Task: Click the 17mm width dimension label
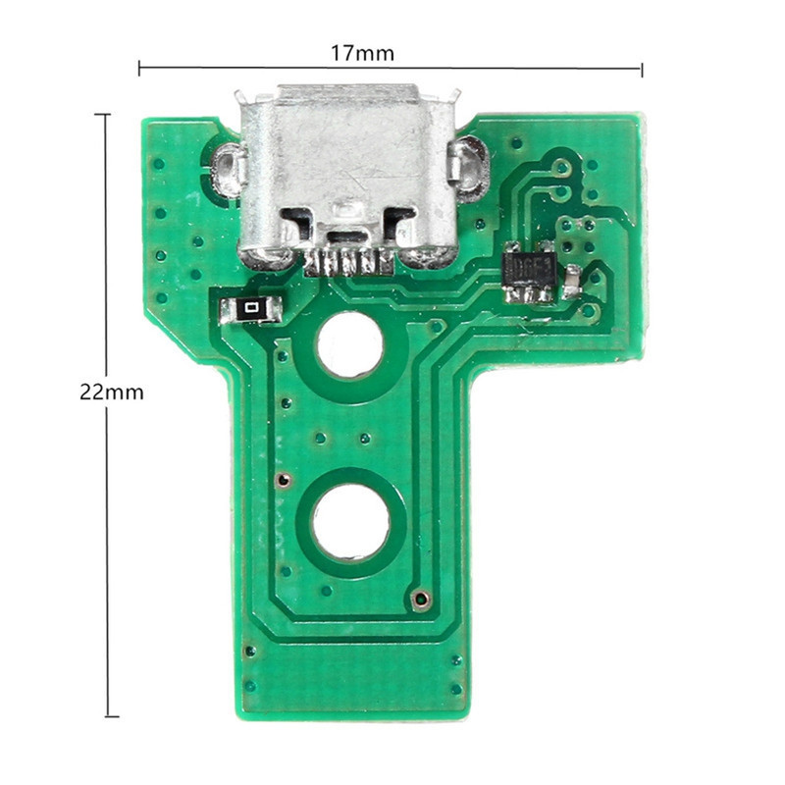point(362,53)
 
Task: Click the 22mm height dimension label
point(112,392)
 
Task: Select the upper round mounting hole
point(349,344)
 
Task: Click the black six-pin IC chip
point(530,273)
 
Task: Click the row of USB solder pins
point(349,263)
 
